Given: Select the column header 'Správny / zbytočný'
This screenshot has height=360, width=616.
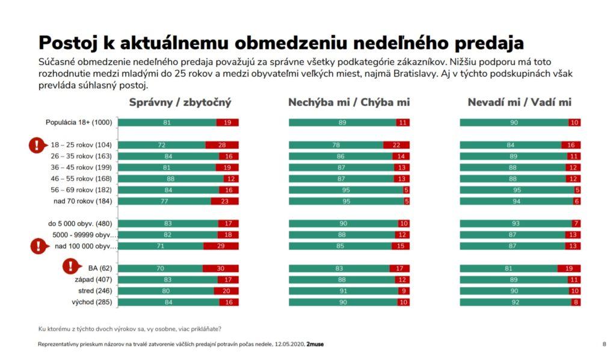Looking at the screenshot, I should click(180, 102).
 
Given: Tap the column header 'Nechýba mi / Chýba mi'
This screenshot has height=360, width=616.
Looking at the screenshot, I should click(349, 102).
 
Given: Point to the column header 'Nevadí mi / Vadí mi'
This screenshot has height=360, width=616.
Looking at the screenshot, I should click(520, 102).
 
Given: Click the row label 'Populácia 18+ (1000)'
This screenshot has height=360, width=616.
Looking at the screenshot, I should click(79, 123).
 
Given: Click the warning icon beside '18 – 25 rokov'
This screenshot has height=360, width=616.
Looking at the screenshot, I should click(37, 145).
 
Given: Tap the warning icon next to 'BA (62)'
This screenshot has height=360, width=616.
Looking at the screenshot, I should click(72, 266).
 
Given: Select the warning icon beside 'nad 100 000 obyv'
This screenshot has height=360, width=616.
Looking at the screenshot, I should click(38, 246).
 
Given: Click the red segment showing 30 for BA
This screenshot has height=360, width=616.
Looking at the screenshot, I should click(220, 268).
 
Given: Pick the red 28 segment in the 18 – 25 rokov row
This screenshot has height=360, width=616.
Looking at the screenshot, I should click(222, 145).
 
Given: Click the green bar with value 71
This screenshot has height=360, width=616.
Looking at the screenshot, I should click(161, 246).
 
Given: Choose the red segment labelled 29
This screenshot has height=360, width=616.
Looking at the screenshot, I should click(221, 246).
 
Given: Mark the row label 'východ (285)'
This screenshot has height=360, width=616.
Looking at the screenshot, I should click(91, 302).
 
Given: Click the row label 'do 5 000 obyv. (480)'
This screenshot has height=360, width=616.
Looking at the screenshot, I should click(81, 223).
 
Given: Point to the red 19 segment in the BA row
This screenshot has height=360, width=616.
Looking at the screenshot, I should click(568, 268).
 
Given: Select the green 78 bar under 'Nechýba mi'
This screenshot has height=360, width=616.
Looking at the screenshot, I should click(336, 145).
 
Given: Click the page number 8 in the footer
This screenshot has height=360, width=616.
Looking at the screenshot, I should click(604, 344).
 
